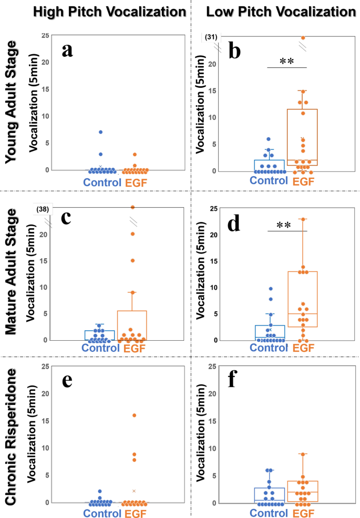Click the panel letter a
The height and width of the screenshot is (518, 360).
click(x=67, y=50)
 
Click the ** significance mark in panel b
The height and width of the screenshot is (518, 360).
click(x=286, y=62)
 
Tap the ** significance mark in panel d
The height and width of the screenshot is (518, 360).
click(x=286, y=226)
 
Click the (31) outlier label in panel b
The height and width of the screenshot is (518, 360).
click(x=211, y=37)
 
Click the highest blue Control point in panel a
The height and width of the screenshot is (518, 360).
click(x=100, y=132)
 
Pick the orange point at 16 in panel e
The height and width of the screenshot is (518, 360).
click(x=135, y=415)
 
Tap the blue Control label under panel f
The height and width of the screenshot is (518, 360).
click(x=269, y=512)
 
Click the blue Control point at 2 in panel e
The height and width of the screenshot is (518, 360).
click(x=100, y=492)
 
